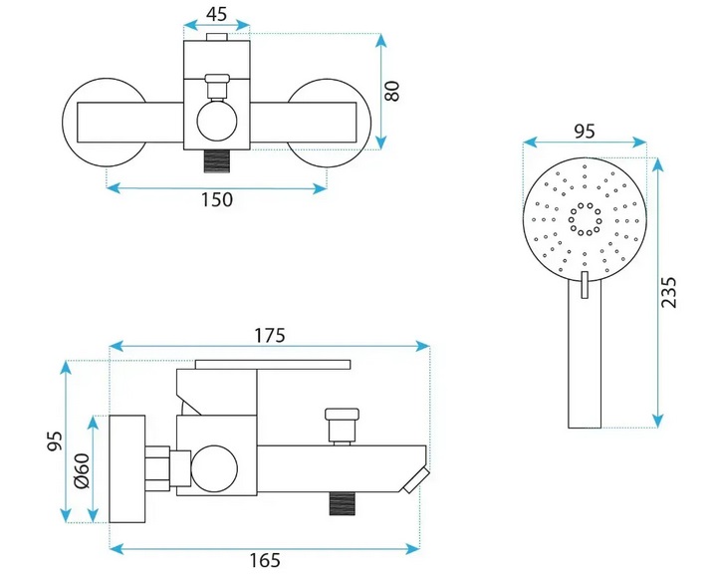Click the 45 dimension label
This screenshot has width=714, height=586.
coord(216,15)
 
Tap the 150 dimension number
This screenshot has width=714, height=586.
coord(216,199)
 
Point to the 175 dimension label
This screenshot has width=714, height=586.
coord(269,335)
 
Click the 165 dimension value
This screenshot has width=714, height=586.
coord(263,562)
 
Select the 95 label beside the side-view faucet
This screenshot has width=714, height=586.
coord(56,440)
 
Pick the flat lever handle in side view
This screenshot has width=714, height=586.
coord(274,362)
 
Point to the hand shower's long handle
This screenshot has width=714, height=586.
coord(585,359)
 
